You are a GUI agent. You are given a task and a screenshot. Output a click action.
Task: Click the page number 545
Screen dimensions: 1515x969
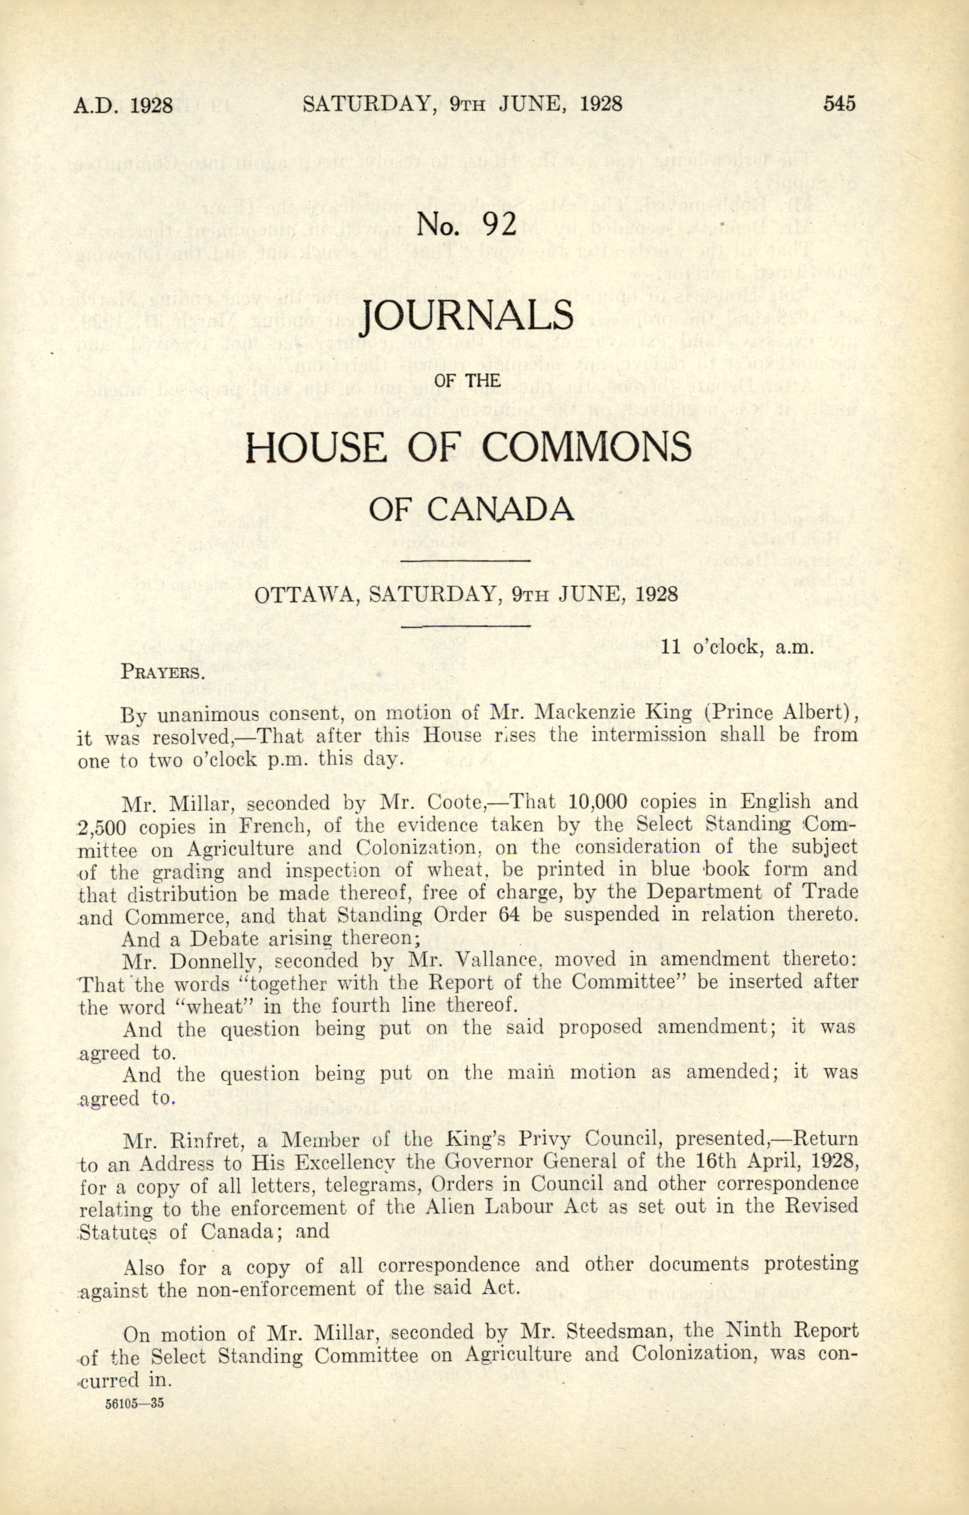click(x=840, y=103)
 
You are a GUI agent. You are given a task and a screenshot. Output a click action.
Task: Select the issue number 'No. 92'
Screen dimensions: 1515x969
click(x=466, y=225)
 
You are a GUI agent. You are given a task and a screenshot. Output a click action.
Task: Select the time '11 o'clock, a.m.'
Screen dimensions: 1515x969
click(x=738, y=647)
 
